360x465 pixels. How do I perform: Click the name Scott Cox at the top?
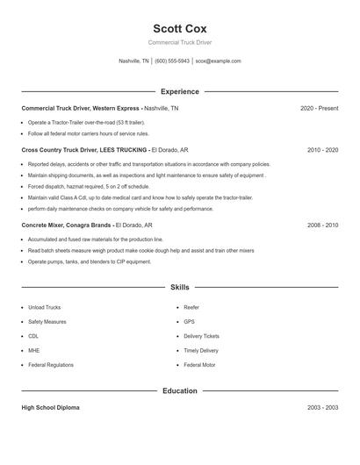[179, 28]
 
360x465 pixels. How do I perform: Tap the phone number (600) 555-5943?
[172, 61]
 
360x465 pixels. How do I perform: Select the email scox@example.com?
[218, 61]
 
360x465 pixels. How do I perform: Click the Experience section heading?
[180, 91]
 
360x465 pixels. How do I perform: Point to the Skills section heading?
[180, 287]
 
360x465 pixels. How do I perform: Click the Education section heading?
[180, 390]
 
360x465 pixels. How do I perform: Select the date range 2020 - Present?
[319, 108]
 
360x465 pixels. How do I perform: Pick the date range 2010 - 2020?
[322, 150]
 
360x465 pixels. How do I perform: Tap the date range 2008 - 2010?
[322, 225]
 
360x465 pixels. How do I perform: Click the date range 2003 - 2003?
[322, 408]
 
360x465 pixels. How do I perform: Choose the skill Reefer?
[191, 308]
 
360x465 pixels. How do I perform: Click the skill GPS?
[189, 322]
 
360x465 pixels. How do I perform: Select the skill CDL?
[33, 336]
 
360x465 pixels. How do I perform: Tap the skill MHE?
[33, 350]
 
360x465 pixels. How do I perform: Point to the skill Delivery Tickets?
[201, 336]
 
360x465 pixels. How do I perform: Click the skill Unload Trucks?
[44, 308]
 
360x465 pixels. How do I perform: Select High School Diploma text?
[50, 408]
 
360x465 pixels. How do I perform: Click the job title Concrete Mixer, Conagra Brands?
[67, 225]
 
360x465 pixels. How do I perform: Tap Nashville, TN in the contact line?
[133, 61]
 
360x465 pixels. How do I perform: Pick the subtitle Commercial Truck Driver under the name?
[179, 42]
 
